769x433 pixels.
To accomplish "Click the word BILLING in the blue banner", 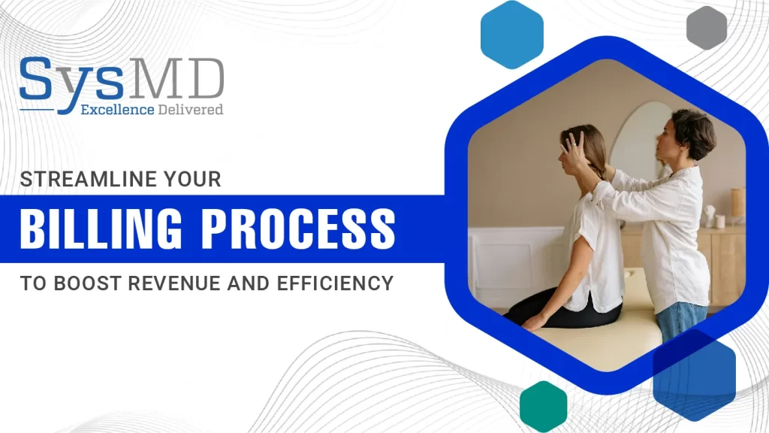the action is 101,229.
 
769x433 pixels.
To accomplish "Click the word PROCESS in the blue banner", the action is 299,229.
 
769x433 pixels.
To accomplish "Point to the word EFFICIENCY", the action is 335,283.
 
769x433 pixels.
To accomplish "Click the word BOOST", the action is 89,283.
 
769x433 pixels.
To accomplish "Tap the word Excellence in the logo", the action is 117,110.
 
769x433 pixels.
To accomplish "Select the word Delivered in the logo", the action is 190,110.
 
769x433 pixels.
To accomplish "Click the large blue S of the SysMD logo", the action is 37,77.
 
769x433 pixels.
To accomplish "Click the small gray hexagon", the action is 706,28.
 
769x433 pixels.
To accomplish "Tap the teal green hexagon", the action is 544,407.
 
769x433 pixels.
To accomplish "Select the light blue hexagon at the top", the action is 512,35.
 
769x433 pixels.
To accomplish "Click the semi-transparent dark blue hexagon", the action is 695,376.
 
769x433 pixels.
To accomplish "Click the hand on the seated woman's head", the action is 574,150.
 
